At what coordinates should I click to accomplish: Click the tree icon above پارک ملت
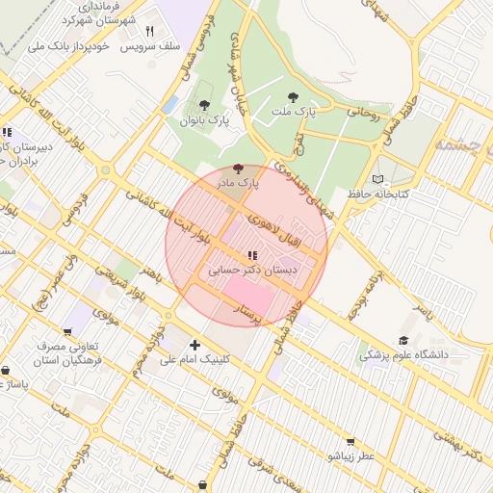point(294,97)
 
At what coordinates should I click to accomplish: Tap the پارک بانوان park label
point(205,121)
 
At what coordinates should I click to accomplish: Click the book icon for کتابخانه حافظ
point(377,179)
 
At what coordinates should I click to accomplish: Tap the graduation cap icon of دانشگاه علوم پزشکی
point(402,341)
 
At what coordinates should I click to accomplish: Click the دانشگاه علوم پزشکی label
point(404,356)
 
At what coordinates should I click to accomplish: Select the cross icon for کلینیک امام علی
point(195,344)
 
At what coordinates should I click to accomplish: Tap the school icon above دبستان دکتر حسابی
point(251,255)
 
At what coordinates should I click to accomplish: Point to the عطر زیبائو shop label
point(351,454)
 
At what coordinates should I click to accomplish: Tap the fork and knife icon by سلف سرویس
point(149,31)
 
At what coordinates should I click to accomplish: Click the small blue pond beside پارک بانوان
point(171,104)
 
